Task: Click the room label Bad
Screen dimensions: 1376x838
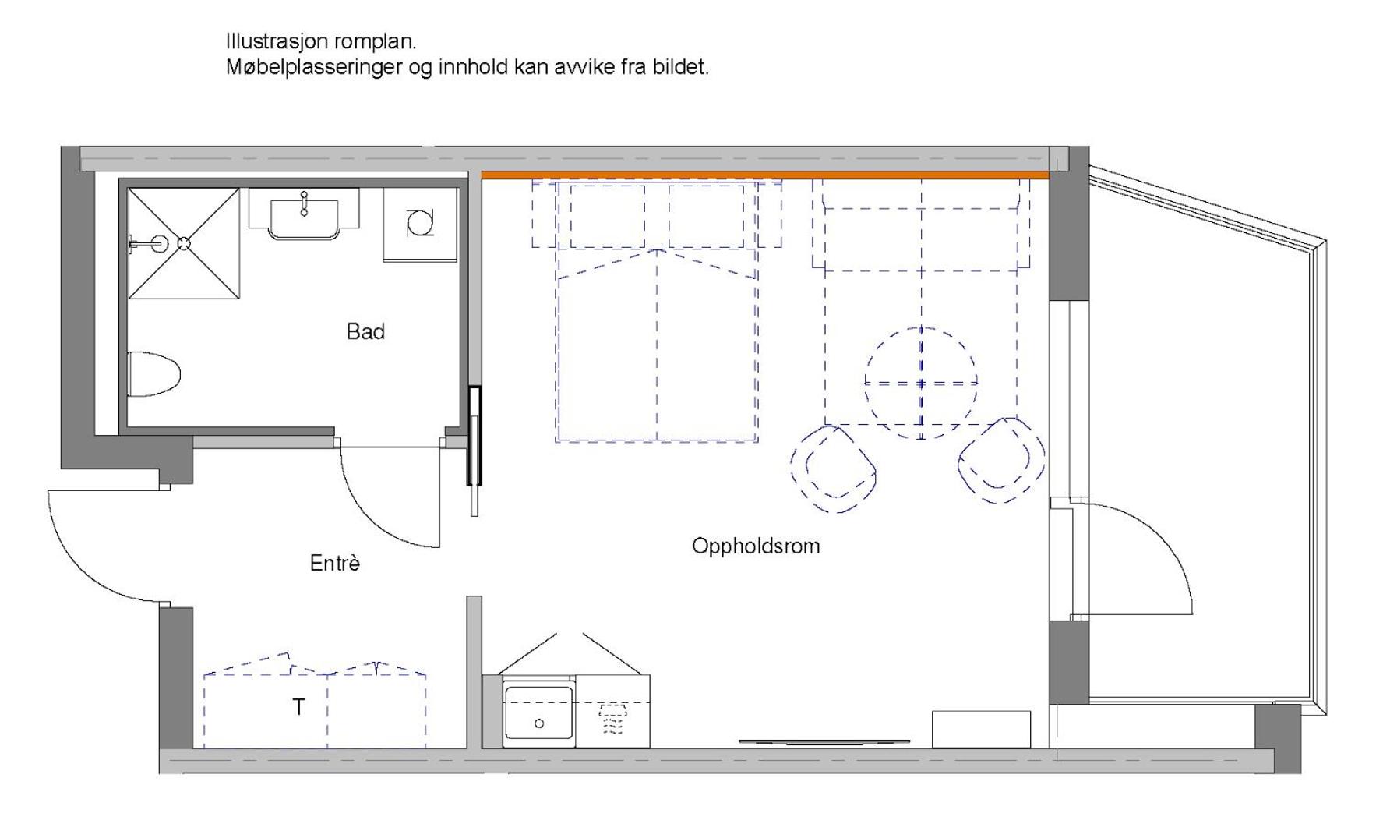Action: pos(365,331)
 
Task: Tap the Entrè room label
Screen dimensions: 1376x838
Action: pos(335,563)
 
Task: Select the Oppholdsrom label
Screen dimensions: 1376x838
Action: pos(756,546)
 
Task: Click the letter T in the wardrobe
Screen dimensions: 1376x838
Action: pos(298,707)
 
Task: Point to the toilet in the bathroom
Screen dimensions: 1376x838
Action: pos(153,374)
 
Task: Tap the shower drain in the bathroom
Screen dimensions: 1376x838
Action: pos(184,243)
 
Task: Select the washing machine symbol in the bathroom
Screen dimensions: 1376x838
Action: pos(420,223)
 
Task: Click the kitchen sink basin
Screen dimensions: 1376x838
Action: pos(538,712)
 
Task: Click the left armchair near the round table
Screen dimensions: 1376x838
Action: pos(834,468)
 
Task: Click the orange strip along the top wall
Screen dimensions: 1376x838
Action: pos(765,175)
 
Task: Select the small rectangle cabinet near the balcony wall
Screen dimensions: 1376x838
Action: pos(981,730)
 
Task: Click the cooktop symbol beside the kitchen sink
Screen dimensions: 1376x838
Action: pos(613,719)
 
